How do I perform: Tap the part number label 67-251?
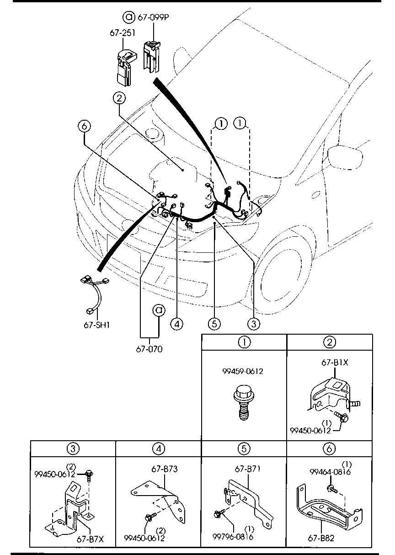(120, 33)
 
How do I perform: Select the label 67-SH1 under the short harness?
(97, 325)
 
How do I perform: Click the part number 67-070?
(149, 349)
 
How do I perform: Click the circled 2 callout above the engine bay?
(119, 97)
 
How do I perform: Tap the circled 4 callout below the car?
(177, 323)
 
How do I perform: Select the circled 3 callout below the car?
(254, 323)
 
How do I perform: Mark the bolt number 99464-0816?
(330, 472)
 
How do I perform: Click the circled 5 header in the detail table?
(244, 448)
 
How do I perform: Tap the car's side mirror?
(348, 157)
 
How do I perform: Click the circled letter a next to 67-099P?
(129, 17)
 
